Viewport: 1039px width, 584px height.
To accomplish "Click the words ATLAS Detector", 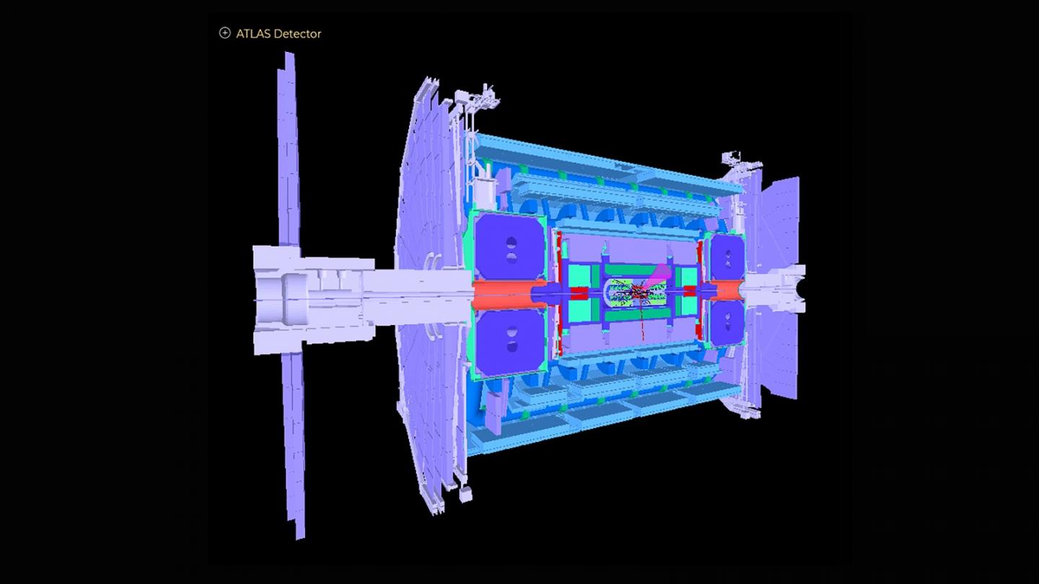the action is pyautogui.click(x=279, y=34).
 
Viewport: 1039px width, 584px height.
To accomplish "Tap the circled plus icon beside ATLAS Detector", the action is pyautogui.click(x=224, y=33).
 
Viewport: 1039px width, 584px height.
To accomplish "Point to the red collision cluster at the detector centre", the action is pyautogui.click(x=639, y=292).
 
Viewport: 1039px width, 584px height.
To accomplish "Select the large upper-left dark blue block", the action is pyautogui.click(x=510, y=247).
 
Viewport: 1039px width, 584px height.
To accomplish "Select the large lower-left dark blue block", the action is pyautogui.click(x=510, y=343).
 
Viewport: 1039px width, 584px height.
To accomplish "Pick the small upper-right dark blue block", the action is pyautogui.click(x=727, y=257).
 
